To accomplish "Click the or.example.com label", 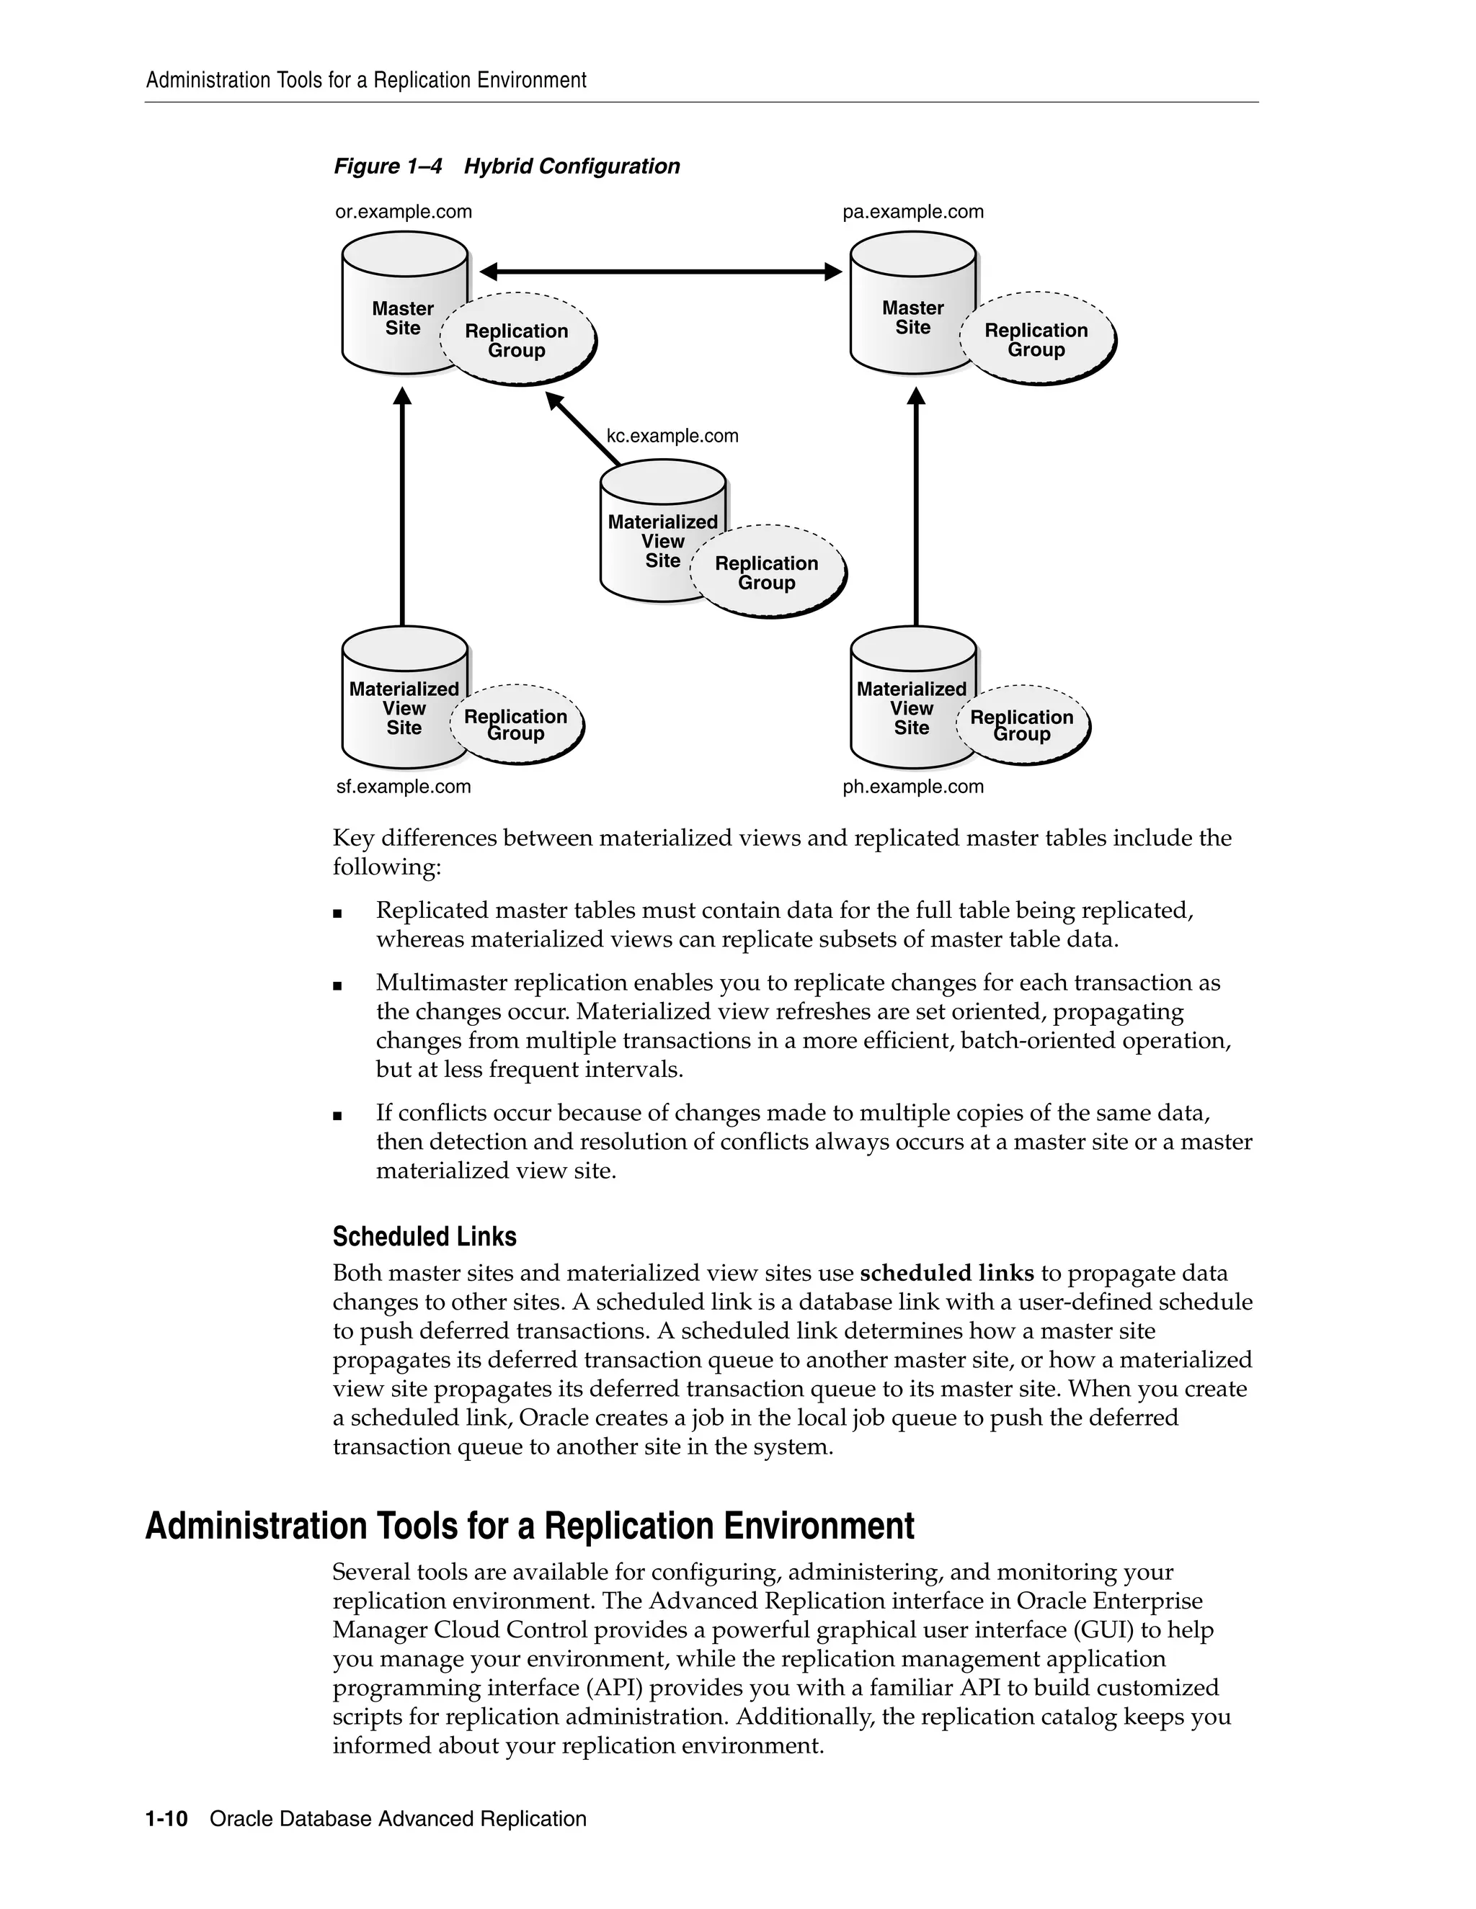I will pyautogui.click(x=403, y=212).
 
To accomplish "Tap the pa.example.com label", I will pyautogui.click(x=913, y=212).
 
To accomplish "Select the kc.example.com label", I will pyautogui.click(x=672, y=435).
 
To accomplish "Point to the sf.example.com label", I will pyautogui.click(x=403, y=787).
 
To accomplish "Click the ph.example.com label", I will pyautogui.click(x=913, y=787).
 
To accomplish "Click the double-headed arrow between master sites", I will pyautogui.click(x=660, y=272).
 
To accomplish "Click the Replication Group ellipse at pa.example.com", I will pyautogui.click(x=1037, y=340).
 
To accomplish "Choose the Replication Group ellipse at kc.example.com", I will pyautogui.click(x=767, y=573).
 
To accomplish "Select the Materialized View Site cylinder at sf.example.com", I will pyautogui.click(x=394, y=699).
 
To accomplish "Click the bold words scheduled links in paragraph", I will pyautogui.click(x=946, y=1274).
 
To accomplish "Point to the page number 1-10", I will pyautogui.click(x=166, y=1819).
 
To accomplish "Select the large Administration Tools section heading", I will pyautogui.click(x=529, y=1526).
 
